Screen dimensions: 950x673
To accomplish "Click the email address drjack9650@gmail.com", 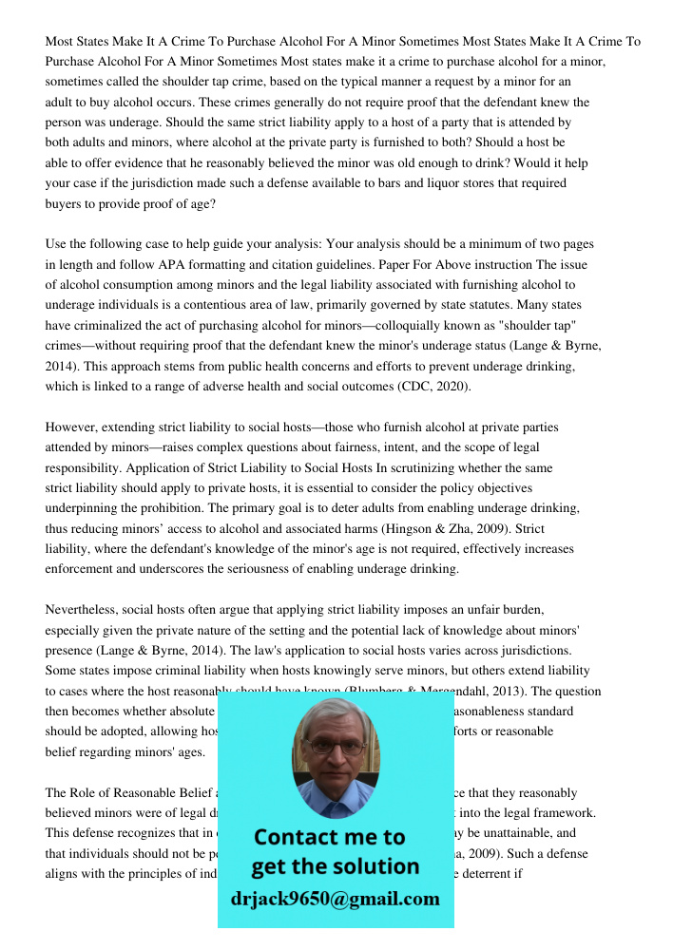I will click(x=335, y=899).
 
